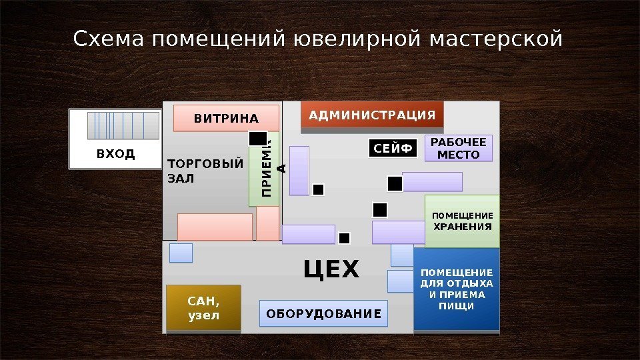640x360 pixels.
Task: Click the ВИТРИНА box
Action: coord(226,118)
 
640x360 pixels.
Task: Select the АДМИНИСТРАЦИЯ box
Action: coord(372,115)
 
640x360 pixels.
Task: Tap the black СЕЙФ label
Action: coord(393,148)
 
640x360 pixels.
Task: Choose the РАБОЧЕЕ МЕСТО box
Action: coord(459,149)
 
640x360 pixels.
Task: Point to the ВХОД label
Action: coord(115,155)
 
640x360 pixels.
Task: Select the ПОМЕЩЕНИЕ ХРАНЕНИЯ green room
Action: coord(462,221)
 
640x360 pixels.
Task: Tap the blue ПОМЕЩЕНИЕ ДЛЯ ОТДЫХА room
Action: coord(457,289)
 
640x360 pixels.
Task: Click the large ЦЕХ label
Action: coord(331,270)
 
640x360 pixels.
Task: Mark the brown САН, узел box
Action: coord(203,308)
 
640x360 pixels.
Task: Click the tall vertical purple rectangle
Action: coord(299,171)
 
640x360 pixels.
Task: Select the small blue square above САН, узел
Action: coord(181,253)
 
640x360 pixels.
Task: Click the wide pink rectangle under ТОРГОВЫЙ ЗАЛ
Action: coord(215,227)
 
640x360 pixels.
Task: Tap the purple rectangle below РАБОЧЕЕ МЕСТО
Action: coord(432,181)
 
